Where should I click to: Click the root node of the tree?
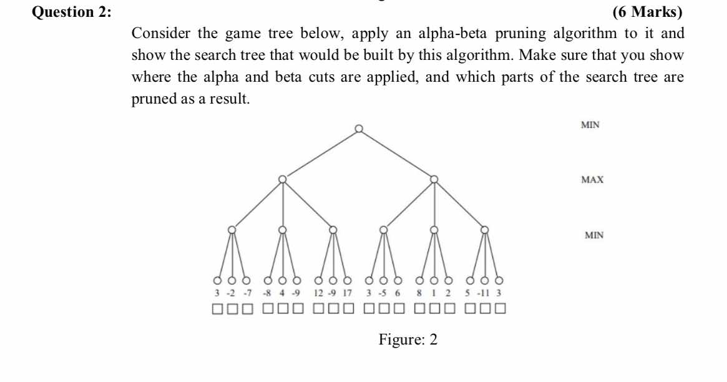[358, 129]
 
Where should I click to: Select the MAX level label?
[592, 180]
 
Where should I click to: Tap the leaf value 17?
[348, 293]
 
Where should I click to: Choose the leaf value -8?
[268, 293]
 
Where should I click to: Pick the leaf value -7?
[247, 293]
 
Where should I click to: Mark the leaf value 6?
[398, 293]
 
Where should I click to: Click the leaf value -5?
[384, 293]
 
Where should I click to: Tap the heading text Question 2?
[72, 12]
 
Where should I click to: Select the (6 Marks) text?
[648, 12]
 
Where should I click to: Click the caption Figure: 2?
[408, 340]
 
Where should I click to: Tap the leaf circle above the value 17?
[348, 280]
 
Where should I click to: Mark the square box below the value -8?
[268, 308]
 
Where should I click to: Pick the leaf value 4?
[283, 293]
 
